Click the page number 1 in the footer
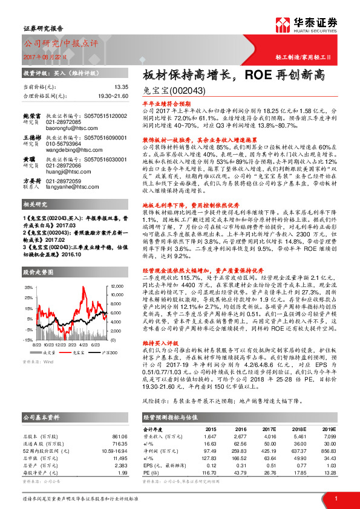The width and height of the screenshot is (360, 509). coord(336,498)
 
